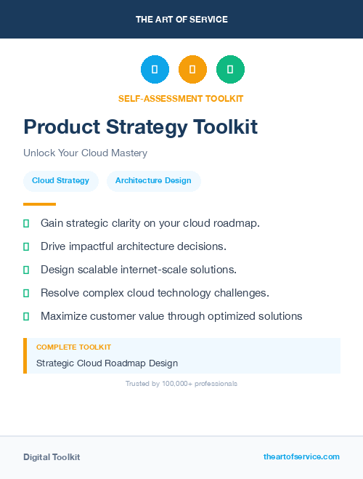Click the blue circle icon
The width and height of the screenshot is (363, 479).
(155, 70)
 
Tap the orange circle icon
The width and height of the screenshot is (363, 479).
(192, 70)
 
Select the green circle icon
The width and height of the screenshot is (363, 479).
(230, 70)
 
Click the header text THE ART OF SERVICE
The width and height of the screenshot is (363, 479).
(181, 20)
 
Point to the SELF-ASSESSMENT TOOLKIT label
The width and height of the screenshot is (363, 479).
(181, 98)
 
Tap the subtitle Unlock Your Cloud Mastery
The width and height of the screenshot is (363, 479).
(85, 153)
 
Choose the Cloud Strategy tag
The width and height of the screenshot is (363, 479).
(60, 181)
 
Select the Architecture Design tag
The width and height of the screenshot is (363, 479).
(153, 181)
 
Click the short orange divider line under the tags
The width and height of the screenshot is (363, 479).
(39, 204)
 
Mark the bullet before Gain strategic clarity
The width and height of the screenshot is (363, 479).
(26, 223)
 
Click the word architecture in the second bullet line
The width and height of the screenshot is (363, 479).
(138, 246)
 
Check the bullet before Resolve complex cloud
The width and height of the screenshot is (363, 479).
(26, 293)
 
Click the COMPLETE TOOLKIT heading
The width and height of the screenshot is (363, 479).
(73, 347)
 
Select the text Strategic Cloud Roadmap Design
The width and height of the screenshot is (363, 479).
(107, 363)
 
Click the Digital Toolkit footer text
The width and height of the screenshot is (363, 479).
(52, 457)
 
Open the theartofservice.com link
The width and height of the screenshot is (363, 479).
(301, 456)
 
